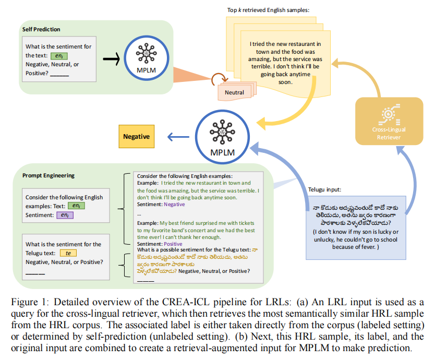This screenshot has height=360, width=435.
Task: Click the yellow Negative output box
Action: pyautogui.click(x=136, y=137)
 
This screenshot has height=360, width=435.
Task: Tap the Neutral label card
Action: pyautogui.click(x=234, y=92)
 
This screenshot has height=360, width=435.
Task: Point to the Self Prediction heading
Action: pyautogui.click(x=41, y=29)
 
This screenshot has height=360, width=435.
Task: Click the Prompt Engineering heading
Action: pyautogui.click(x=49, y=175)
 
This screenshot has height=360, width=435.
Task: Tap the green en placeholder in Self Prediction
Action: pyautogui.click(x=60, y=55)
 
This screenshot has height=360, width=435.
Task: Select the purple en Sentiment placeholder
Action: pyautogui.click(x=64, y=215)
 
